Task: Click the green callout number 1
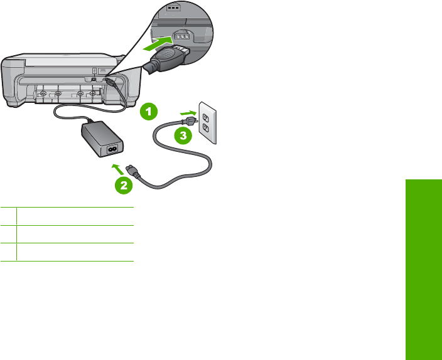tap(149, 112)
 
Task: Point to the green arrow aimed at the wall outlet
tap(186, 113)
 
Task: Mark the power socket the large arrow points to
tap(182, 37)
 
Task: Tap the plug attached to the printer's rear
tap(109, 82)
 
